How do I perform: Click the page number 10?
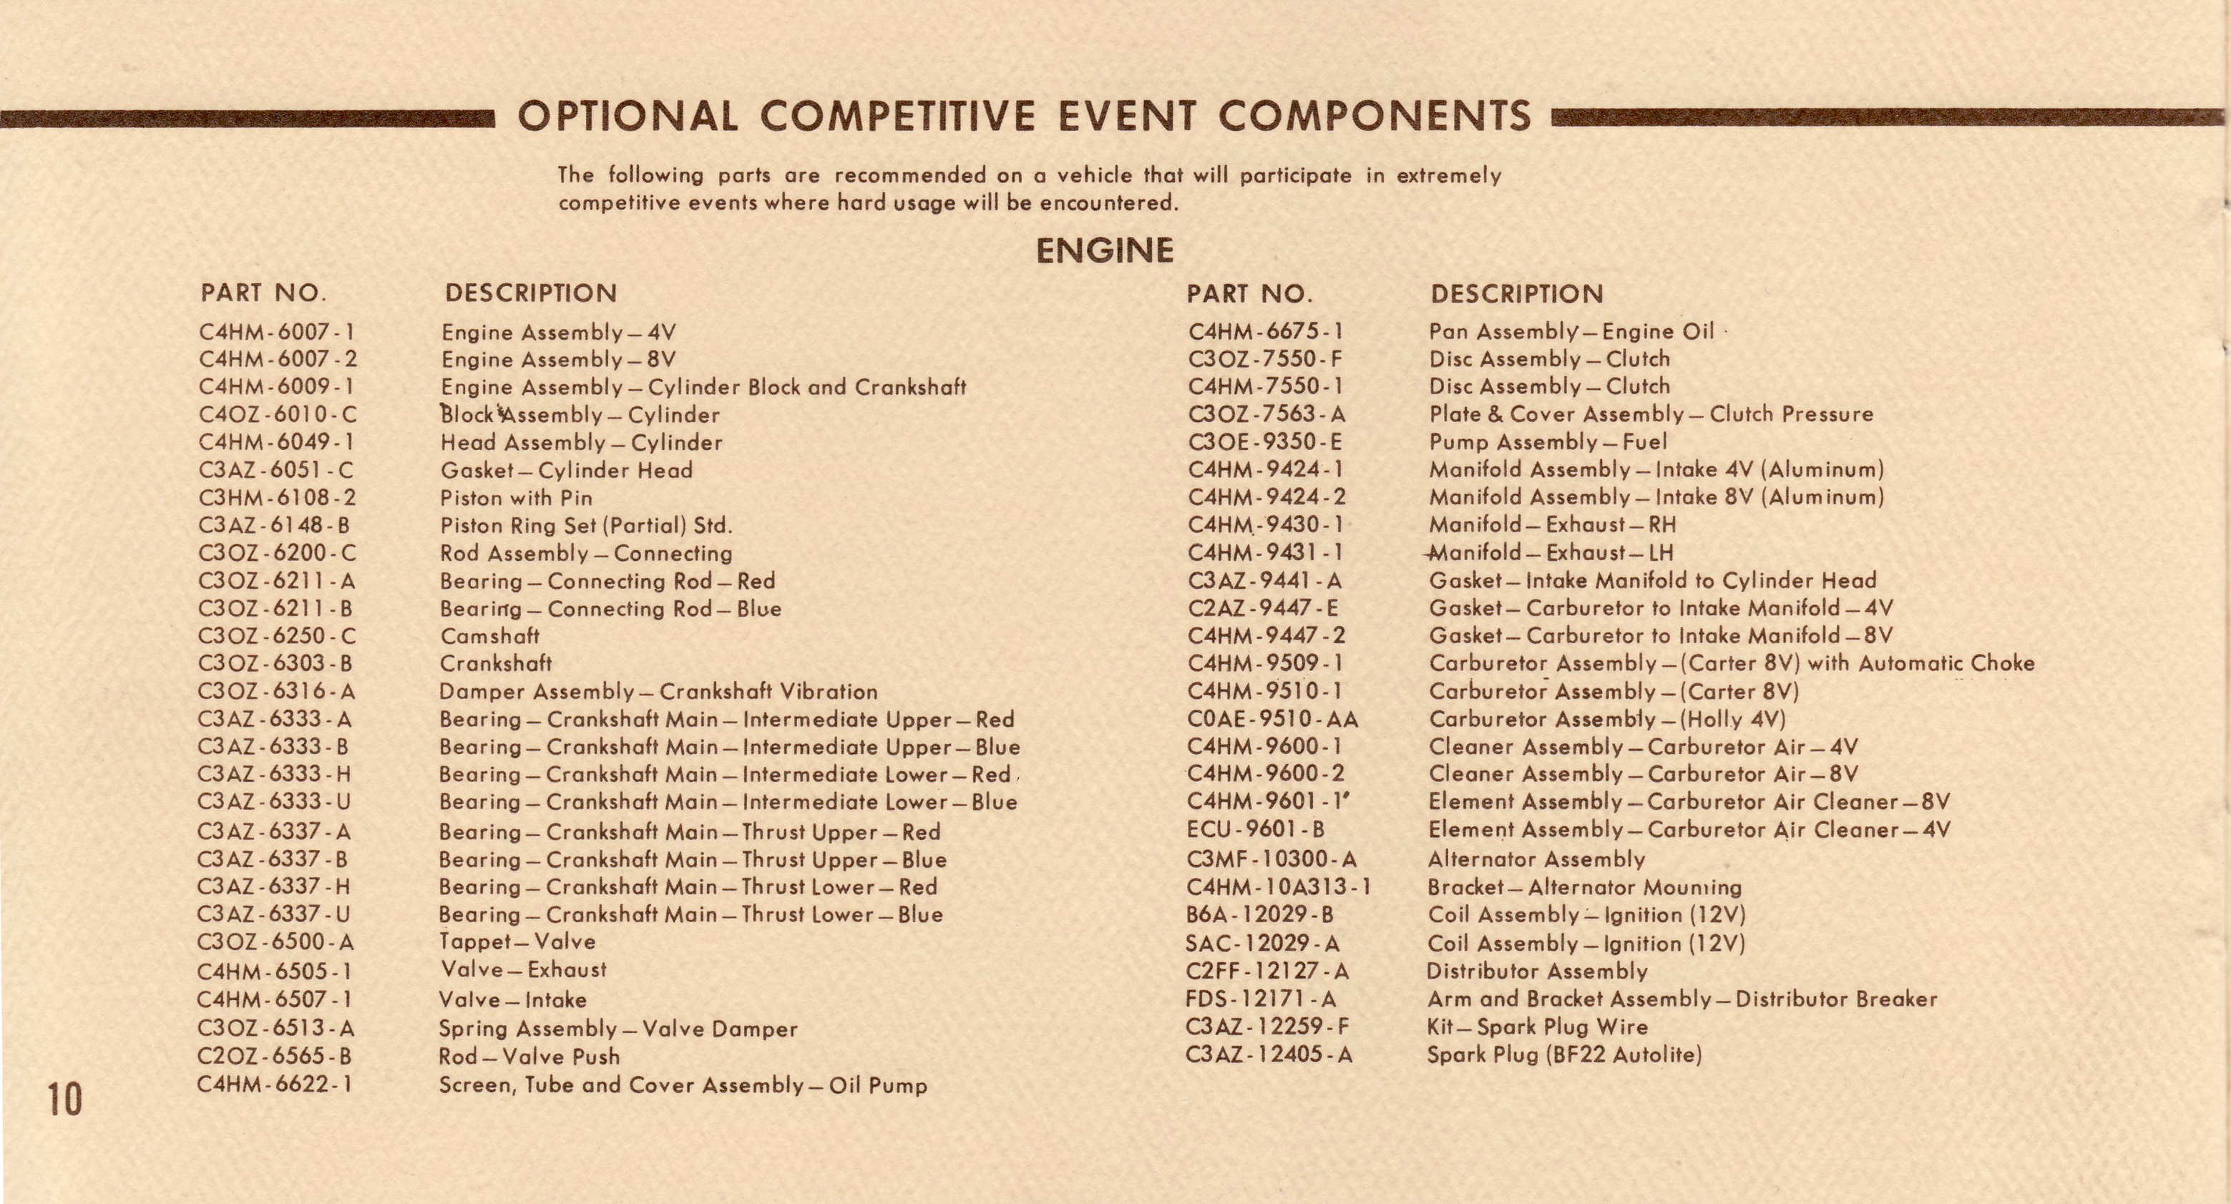[64, 1098]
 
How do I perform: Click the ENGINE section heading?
[1104, 250]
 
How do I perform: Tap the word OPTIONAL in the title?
[628, 116]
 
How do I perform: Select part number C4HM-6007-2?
[277, 359]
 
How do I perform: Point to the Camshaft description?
[489, 636]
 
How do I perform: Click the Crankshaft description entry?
[495, 663]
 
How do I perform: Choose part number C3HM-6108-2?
[277, 498]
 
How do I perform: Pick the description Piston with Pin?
[516, 498]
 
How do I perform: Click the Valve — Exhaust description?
[523, 970]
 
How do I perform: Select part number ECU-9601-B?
[1255, 830]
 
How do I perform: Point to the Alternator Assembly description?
[1536, 859]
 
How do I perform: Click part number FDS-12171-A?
[1260, 999]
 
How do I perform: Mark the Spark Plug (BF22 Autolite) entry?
[1564, 1055]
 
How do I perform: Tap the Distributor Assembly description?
[1536, 971]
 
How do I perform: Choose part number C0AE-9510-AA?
[1272, 719]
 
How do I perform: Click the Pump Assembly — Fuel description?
[1548, 442]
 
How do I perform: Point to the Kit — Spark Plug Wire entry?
[1537, 1027]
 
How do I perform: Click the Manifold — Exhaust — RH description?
[1552, 525]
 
